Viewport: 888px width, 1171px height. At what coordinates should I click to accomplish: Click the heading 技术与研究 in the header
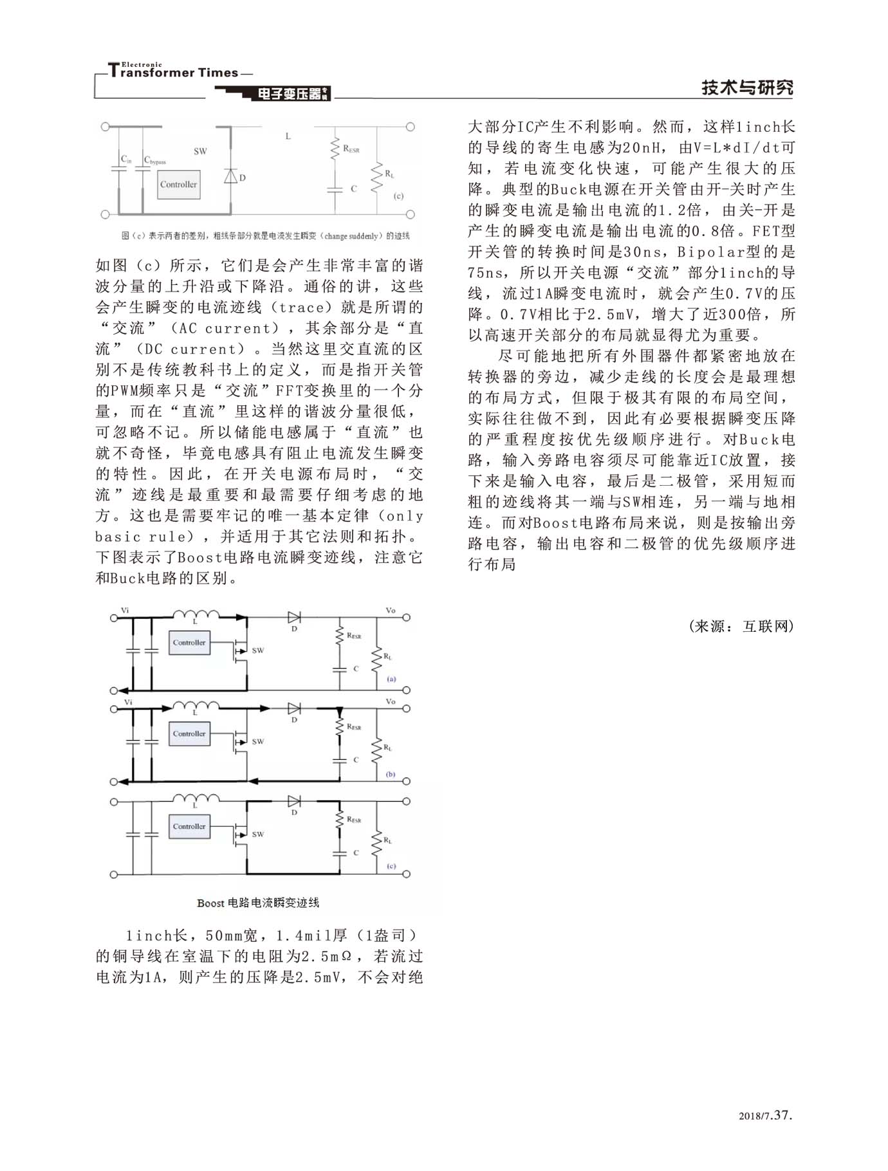pyautogui.click(x=746, y=88)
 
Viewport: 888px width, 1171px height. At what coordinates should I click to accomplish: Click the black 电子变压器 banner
pyautogui.click(x=290, y=94)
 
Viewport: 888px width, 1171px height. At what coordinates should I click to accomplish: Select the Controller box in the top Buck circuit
pyautogui.click(x=178, y=185)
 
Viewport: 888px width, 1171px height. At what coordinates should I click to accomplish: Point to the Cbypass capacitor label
pyautogui.click(x=155, y=160)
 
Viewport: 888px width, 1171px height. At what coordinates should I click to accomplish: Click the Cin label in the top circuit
pyautogui.click(x=126, y=159)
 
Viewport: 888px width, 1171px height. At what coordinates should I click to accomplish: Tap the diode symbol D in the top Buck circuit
pyautogui.click(x=230, y=176)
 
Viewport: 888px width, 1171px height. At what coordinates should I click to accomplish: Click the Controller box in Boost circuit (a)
pyautogui.click(x=189, y=643)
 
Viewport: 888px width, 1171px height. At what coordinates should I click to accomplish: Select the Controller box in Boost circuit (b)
pyautogui.click(x=189, y=734)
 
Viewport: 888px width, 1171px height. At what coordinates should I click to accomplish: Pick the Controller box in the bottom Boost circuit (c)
pyautogui.click(x=189, y=827)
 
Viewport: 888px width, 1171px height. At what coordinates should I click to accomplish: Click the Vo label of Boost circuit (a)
pyautogui.click(x=391, y=610)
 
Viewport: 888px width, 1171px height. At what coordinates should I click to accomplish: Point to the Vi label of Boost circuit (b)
pyautogui.click(x=129, y=702)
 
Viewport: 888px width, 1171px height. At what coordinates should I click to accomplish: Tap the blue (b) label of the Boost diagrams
pyautogui.click(x=391, y=774)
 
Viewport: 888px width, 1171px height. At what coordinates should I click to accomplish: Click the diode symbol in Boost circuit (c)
pyautogui.click(x=294, y=802)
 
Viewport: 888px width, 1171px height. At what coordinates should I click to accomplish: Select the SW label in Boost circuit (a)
pyautogui.click(x=257, y=650)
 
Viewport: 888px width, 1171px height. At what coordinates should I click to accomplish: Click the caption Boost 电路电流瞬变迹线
pyautogui.click(x=257, y=903)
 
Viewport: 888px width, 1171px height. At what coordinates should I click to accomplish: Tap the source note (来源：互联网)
pyautogui.click(x=741, y=626)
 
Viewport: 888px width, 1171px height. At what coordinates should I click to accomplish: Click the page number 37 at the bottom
pyautogui.click(x=781, y=1115)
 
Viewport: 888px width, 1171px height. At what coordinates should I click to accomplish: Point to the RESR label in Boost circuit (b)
pyautogui.click(x=354, y=727)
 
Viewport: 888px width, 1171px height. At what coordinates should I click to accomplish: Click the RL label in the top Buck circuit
pyautogui.click(x=389, y=174)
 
